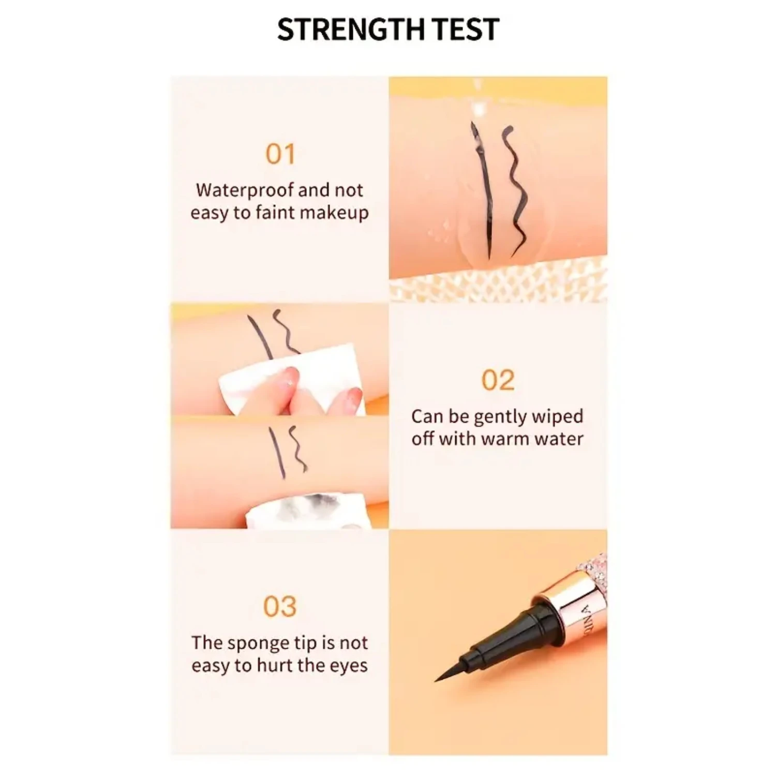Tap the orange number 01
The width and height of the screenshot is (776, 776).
point(280,154)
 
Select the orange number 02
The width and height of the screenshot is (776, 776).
point(498,380)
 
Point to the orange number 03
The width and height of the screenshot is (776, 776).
point(280,606)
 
